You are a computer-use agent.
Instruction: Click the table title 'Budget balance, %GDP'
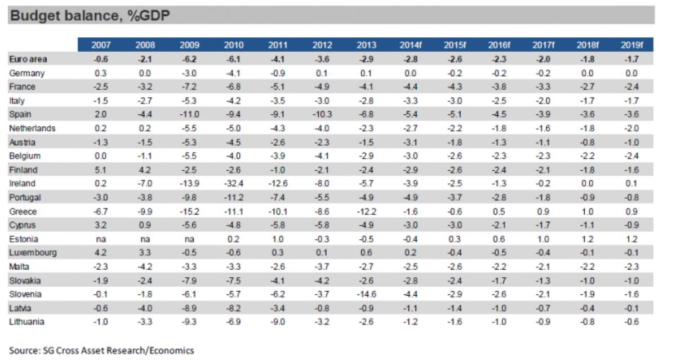pos(90,16)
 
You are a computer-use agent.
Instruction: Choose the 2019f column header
pos(631,45)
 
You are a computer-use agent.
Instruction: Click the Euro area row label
pos(28,59)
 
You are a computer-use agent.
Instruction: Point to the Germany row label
pos(27,73)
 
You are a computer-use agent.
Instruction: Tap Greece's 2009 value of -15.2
pos(190,212)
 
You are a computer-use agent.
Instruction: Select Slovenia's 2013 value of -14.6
pos(366,295)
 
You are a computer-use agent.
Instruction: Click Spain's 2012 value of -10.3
pos(322,114)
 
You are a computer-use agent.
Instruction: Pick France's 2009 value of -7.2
pos(190,87)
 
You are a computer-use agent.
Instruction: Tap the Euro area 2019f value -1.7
pos(631,59)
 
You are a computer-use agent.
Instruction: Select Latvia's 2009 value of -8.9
pos(190,308)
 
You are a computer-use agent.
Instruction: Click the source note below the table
pos(101,350)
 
